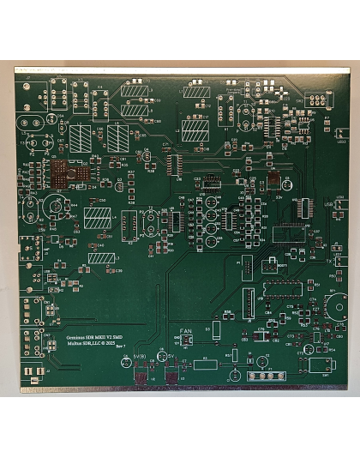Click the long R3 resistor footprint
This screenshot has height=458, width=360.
(205, 364)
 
